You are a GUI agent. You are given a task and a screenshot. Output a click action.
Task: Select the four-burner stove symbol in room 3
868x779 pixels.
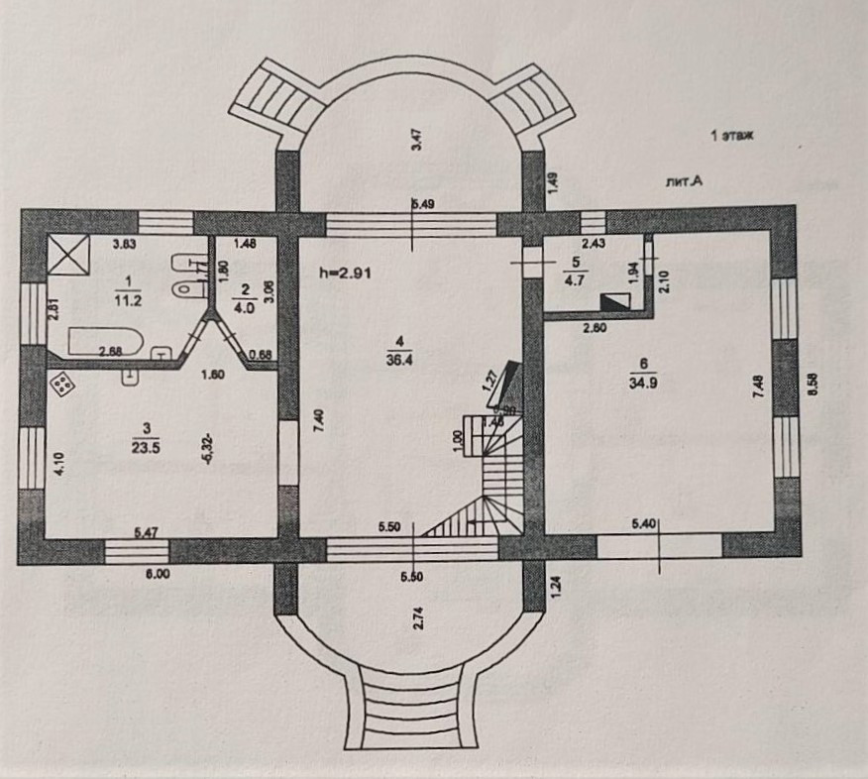(x=61, y=385)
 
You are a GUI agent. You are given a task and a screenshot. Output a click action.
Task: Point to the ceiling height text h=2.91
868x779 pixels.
(x=344, y=271)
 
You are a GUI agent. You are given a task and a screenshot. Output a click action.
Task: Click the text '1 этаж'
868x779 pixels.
(x=731, y=136)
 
